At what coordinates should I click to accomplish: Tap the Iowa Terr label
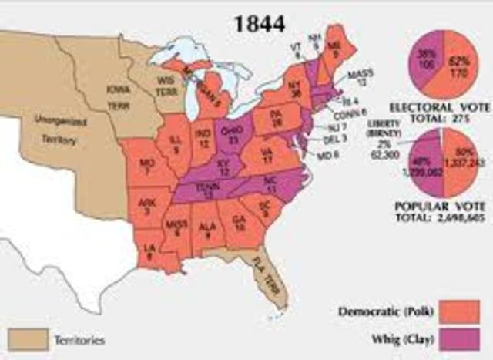(120, 97)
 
